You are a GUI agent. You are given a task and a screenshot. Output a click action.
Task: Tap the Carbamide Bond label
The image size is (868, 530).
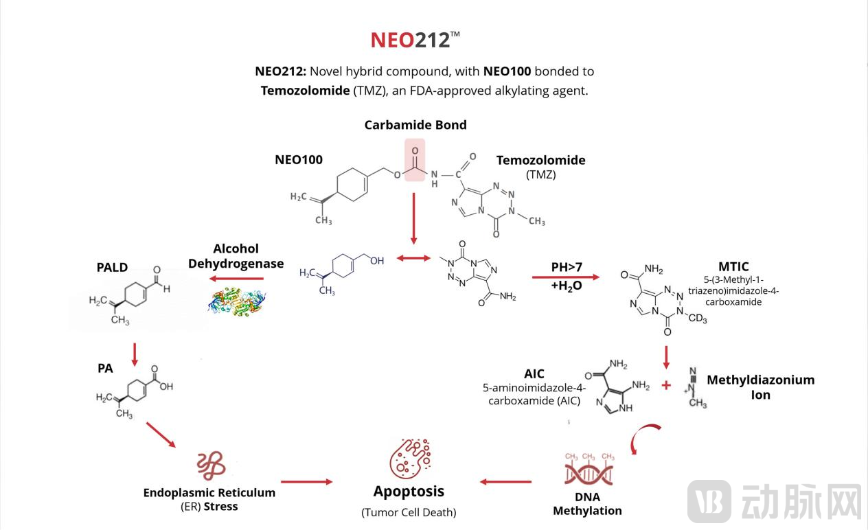click(x=415, y=125)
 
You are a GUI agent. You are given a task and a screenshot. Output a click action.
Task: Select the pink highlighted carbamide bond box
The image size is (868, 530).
click(x=414, y=160)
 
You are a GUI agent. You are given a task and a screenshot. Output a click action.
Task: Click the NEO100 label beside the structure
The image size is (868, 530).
click(x=299, y=160)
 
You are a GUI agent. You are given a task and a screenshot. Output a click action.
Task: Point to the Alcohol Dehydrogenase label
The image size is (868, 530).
click(x=236, y=256)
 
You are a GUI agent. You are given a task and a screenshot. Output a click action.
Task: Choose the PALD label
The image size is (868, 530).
click(x=112, y=267)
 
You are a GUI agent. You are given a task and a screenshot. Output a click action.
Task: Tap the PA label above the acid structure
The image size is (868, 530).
click(x=105, y=369)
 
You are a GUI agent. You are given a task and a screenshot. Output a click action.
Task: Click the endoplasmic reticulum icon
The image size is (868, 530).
click(x=211, y=466)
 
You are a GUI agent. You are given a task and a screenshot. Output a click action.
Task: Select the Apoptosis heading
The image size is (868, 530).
click(x=409, y=492)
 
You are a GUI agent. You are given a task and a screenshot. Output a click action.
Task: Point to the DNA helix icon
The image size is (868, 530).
click(x=589, y=472)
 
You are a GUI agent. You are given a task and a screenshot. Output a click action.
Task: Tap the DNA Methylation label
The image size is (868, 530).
click(x=587, y=504)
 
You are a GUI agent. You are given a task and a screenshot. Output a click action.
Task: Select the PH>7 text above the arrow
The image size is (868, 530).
click(x=567, y=267)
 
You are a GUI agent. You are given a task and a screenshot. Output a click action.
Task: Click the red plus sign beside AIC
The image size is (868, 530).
click(x=665, y=385)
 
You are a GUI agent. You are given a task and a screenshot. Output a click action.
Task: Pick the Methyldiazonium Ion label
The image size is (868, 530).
click(x=760, y=387)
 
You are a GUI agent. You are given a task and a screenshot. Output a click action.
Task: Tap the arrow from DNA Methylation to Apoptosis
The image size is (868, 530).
click(x=505, y=482)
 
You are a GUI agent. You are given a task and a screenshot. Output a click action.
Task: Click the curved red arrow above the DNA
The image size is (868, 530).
click(x=646, y=438)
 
